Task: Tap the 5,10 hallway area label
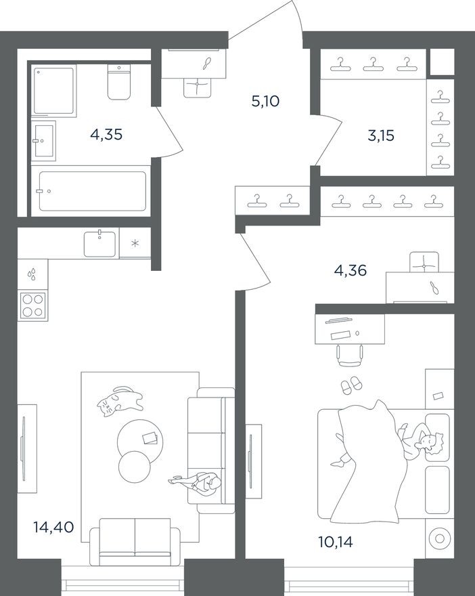265,102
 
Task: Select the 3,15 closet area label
380,135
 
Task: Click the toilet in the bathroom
119,81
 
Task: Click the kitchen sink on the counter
100,243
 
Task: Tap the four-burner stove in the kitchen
32,305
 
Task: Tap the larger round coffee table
139,440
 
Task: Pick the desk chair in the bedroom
350,354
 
